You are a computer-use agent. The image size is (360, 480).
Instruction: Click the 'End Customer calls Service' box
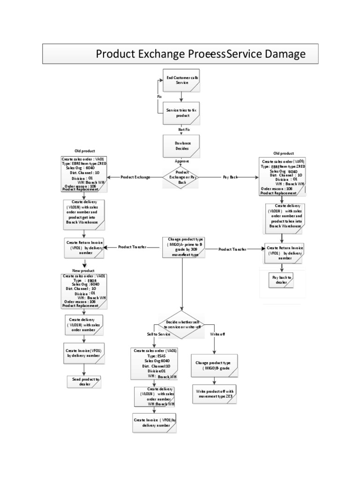click(181, 80)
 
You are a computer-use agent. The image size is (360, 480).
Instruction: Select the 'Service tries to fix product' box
click(181, 112)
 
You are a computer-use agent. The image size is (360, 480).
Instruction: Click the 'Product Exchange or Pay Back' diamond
click(181, 178)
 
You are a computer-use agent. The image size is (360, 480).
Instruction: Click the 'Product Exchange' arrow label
click(135, 178)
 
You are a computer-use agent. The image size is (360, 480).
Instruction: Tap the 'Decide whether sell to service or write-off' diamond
click(183, 323)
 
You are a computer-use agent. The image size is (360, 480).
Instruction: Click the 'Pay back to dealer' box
click(282, 280)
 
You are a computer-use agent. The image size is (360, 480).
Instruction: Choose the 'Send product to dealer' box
click(85, 382)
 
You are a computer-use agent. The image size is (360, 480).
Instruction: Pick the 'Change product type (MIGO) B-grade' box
click(216, 365)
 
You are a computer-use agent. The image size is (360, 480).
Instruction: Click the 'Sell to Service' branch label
click(158, 335)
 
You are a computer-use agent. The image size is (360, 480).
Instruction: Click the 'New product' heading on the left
click(83, 271)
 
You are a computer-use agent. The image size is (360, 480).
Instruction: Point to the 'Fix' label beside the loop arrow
click(159, 96)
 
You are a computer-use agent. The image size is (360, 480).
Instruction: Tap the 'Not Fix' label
click(184, 129)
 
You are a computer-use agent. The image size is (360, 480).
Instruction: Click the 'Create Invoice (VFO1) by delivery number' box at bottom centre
click(154, 422)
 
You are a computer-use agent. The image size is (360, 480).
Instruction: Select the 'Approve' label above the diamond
click(182, 160)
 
